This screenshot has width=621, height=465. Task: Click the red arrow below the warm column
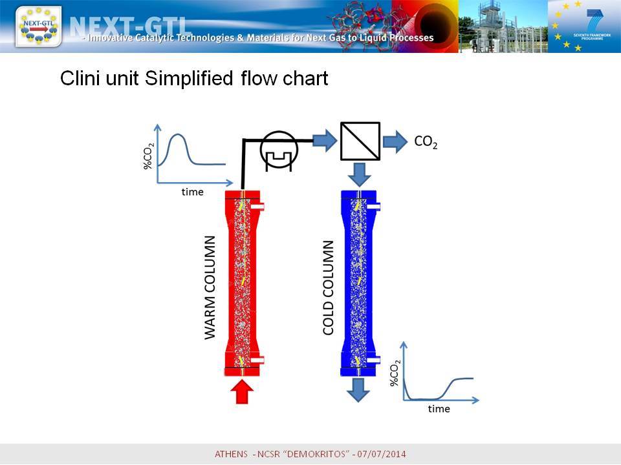click(241, 392)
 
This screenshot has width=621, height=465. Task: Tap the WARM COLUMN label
click(210, 287)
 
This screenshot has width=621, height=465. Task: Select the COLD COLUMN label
click(329, 287)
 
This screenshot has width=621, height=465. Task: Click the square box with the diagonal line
click(360, 141)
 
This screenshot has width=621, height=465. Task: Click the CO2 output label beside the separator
click(426, 141)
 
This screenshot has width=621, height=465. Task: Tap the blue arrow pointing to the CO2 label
click(395, 141)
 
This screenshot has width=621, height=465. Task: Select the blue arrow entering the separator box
click(325, 140)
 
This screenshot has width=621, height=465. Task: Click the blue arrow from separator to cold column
click(360, 174)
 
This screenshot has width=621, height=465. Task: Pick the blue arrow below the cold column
click(358, 390)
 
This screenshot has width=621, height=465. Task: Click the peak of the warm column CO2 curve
click(179, 134)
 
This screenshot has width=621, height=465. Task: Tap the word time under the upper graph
click(193, 192)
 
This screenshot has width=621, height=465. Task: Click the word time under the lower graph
click(439, 408)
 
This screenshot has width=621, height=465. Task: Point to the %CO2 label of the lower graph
click(395, 373)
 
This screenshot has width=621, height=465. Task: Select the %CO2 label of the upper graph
click(148, 156)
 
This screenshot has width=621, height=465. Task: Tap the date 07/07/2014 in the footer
click(382, 453)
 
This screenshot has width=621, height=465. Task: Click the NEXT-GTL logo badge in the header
click(38, 27)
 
